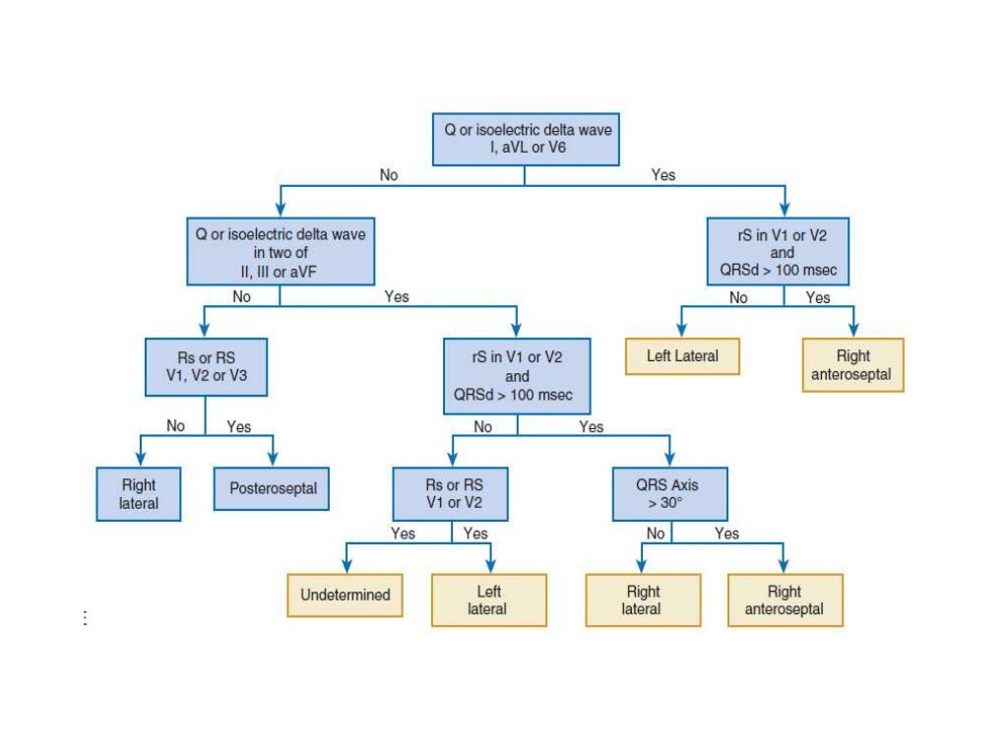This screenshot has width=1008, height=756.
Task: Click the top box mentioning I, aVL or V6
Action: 526,139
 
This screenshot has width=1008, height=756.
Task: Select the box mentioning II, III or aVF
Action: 281,253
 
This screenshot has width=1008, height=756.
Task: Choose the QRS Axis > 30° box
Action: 669,493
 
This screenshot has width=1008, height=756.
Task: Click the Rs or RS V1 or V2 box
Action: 451,493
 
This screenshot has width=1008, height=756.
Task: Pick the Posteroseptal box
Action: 273,488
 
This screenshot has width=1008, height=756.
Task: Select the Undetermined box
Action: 345,595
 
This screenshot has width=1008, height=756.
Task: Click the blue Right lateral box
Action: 138,493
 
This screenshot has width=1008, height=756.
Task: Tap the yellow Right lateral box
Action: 642,599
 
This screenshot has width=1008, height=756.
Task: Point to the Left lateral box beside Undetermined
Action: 488,599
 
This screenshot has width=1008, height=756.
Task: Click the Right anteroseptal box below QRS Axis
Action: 785,599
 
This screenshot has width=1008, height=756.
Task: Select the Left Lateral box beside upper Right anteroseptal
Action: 681,356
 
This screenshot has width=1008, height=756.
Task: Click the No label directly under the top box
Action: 389,175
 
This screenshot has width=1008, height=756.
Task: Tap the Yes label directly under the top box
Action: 663,175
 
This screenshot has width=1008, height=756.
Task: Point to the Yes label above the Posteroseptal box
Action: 239,426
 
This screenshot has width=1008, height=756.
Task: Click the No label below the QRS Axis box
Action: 655,534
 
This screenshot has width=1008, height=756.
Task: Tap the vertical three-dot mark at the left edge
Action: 86,618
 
